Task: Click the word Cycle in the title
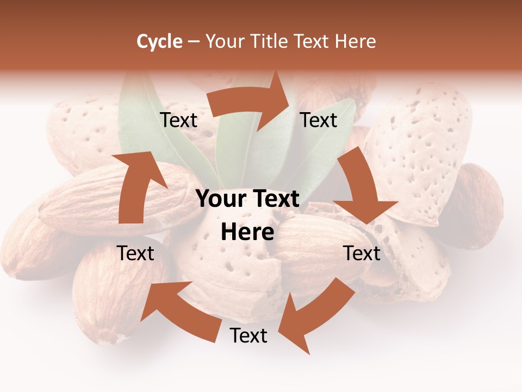[159, 41]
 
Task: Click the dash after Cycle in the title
[194, 41]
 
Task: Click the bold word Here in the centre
[247, 232]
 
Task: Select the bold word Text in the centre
[275, 199]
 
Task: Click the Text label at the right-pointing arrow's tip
[319, 120]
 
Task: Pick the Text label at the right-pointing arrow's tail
[179, 120]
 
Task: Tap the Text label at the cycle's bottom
[248, 335]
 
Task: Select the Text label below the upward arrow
[136, 253]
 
